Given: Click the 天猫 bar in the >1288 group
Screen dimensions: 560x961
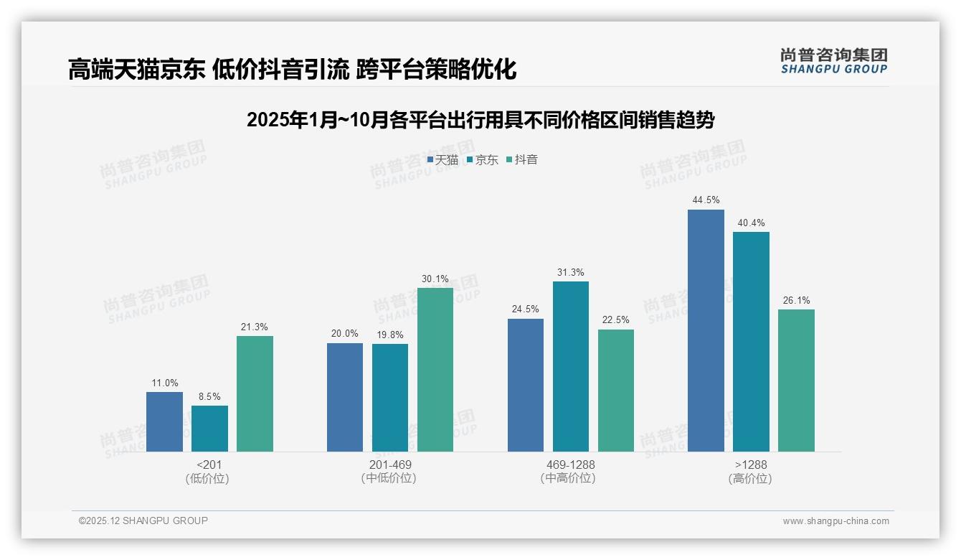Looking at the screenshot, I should (x=706, y=330).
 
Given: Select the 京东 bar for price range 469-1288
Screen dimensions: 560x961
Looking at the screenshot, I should (x=571, y=366).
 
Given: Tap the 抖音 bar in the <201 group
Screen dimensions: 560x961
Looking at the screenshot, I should (x=255, y=393).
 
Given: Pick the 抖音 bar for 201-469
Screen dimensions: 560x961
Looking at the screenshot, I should (x=435, y=369).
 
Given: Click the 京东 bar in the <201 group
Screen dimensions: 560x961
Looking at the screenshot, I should (x=209, y=429).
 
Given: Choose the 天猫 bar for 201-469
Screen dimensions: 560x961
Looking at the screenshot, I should (x=345, y=397).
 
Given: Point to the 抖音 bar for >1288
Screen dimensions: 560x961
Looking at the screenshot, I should (x=796, y=381).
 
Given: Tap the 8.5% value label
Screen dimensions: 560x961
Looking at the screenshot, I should (x=209, y=396).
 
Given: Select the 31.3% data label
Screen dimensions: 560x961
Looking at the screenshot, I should (x=571, y=272).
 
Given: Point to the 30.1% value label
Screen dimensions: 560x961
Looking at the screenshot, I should (x=435, y=279).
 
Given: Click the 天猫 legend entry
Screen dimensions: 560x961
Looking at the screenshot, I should (x=442, y=160).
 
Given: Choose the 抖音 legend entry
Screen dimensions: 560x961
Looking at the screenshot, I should (x=522, y=160).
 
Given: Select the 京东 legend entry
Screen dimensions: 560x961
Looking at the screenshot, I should (x=483, y=160).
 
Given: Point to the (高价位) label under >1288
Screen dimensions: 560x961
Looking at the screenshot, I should (x=751, y=479).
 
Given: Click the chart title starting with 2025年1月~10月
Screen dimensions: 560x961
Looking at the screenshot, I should (x=480, y=120).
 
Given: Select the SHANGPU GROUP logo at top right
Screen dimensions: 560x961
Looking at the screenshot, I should (x=833, y=61).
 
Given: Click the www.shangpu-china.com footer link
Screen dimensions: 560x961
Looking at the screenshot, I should (x=835, y=521).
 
